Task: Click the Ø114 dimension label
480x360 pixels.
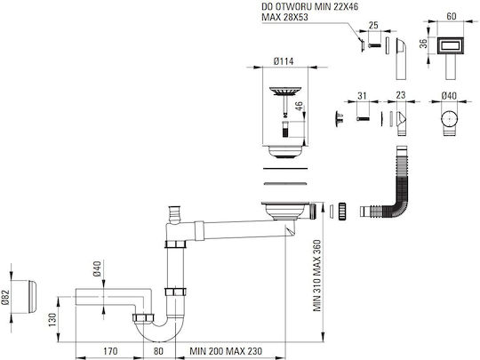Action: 284,61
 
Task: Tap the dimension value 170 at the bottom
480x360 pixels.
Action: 109,351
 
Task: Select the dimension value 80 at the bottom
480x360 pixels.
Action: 158,351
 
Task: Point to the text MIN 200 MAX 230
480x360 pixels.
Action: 226,351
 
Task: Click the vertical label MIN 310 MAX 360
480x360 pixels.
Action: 317,276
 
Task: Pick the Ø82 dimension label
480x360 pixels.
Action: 5,297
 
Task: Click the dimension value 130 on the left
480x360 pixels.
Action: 52,320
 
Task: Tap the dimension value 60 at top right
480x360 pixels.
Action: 452,16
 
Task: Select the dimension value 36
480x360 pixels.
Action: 423,44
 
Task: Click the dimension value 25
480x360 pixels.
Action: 373,25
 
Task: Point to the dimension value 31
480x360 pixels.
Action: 362,96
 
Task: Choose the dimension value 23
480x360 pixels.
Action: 401,95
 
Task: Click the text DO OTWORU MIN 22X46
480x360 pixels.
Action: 310,7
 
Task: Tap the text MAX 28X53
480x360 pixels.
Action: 284,17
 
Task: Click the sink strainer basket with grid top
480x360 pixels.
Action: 285,92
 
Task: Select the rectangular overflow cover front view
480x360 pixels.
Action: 451,46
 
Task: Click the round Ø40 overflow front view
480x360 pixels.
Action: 449,119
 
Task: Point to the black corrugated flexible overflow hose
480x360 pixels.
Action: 399,196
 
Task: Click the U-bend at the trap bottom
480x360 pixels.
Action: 158,332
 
